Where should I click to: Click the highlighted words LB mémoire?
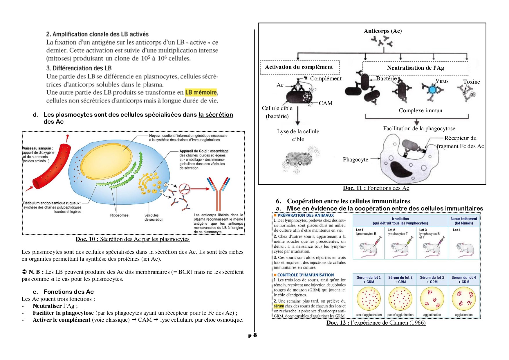201,93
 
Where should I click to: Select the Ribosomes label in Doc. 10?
119,215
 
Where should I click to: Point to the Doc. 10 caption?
132,239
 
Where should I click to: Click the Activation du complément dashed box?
299,67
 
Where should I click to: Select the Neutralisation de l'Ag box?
415,68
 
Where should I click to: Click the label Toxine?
471,82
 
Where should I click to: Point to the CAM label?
326,103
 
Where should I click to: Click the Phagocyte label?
355,160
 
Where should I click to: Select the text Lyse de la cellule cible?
298,135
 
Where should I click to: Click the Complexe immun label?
420,111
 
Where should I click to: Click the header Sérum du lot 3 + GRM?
432,280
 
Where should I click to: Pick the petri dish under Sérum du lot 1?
369,298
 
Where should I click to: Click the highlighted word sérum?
279,306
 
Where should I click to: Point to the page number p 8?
252,335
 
